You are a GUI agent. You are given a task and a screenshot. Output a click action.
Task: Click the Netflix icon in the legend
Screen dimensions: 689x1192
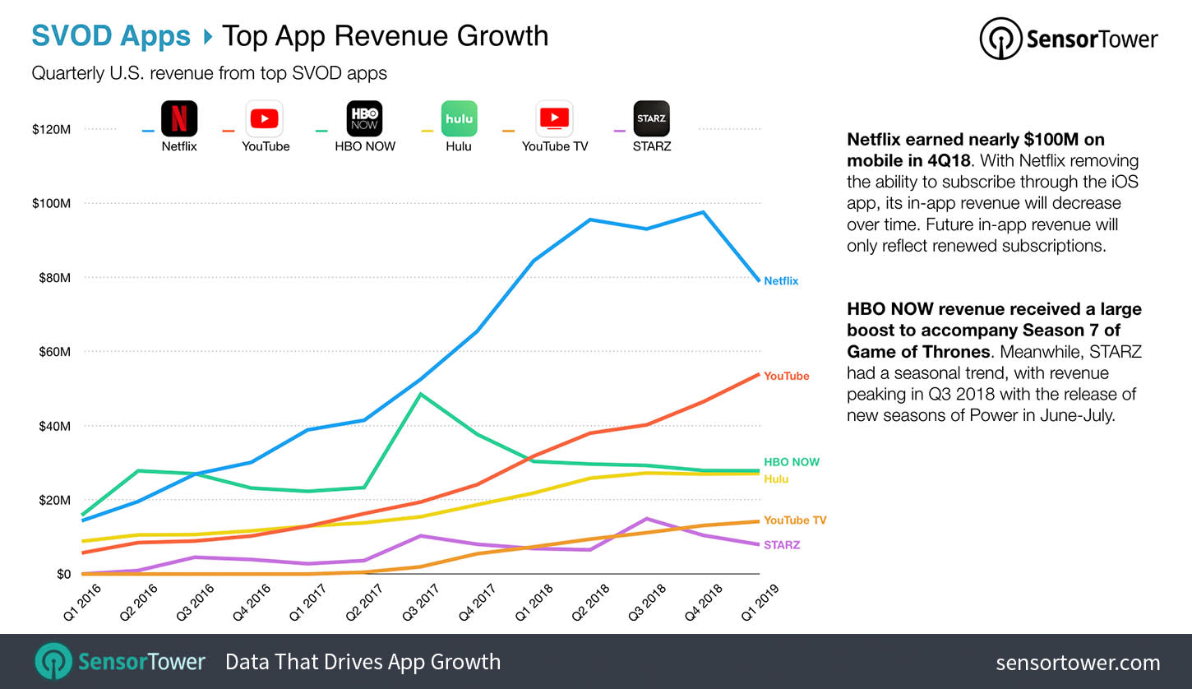(x=179, y=118)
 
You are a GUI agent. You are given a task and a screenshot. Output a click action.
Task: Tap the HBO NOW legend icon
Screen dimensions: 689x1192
(x=363, y=118)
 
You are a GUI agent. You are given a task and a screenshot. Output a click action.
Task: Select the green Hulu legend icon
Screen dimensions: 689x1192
(x=459, y=118)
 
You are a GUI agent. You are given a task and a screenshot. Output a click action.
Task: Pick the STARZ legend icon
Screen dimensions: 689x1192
(x=652, y=118)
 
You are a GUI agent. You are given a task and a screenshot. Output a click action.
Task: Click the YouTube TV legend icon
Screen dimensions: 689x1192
(x=554, y=118)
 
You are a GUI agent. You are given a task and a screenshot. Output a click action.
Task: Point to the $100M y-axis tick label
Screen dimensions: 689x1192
(x=51, y=204)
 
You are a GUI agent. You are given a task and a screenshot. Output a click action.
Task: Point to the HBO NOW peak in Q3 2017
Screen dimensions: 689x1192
(x=421, y=394)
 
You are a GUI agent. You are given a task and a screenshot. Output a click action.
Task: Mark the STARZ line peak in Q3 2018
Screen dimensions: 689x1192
(x=647, y=519)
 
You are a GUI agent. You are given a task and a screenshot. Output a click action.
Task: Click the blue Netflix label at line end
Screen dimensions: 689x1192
(x=781, y=281)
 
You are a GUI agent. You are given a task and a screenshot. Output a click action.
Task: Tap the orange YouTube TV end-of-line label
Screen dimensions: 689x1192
(x=795, y=520)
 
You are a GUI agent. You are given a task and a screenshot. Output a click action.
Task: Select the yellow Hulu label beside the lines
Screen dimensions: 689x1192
(x=776, y=479)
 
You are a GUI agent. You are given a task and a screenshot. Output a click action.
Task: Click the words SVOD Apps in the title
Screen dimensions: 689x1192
(x=111, y=36)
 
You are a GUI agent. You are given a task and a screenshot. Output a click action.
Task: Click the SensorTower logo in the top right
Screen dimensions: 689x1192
(x=1069, y=39)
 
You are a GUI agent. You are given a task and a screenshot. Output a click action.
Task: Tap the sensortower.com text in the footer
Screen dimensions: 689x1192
(x=1078, y=663)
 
